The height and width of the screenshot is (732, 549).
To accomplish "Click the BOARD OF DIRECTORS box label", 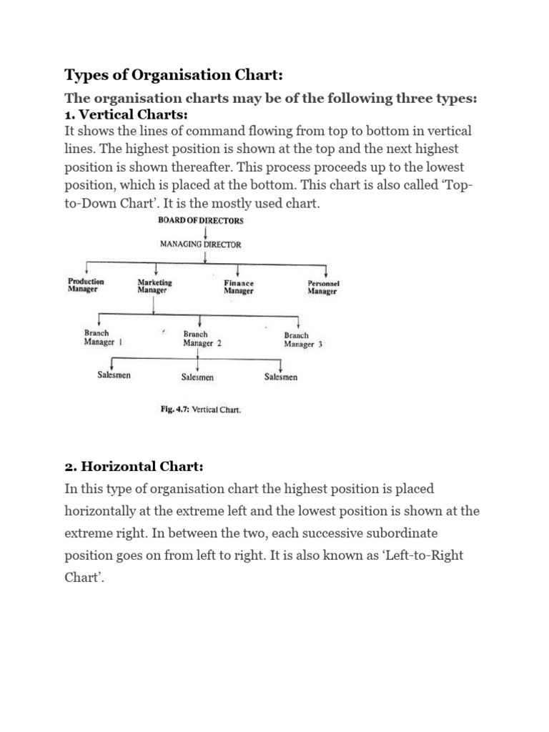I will click(x=200, y=221).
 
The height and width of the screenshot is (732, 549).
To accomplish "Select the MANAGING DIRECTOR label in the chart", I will click(x=200, y=244).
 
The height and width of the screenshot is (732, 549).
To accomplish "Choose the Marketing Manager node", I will click(x=154, y=287).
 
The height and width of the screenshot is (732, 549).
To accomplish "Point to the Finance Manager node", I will click(x=238, y=287).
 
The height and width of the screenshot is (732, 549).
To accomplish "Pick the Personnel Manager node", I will click(x=322, y=287).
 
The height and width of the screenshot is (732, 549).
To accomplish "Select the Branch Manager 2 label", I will click(x=202, y=338).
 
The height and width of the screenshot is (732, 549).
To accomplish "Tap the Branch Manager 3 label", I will click(x=302, y=340).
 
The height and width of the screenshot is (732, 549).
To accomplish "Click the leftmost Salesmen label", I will click(x=114, y=375).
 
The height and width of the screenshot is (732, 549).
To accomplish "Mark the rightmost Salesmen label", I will click(x=281, y=377).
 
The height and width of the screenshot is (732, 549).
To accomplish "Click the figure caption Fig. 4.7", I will click(x=199, y=410).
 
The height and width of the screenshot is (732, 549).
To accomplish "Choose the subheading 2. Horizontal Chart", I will click(x=134, y=466).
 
